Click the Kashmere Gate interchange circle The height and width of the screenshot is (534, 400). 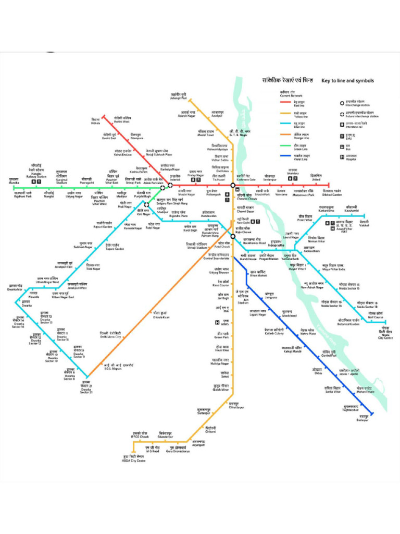(x=233, y=185)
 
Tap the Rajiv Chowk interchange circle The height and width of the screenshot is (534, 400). (x=233, y=236)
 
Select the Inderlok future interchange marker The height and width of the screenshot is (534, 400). (x=170, y=185)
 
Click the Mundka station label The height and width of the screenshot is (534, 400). (x=14, y=180)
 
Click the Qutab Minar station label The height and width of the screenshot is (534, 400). (x=221, y=387)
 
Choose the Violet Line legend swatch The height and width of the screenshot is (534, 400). (x=285, y=156)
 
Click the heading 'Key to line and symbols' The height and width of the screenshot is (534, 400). (x=347, y=81)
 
